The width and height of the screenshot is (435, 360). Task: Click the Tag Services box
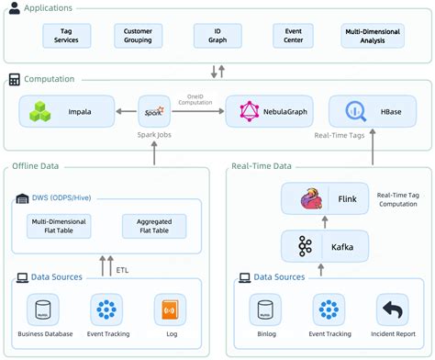66,36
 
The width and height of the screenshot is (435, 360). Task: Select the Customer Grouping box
138,36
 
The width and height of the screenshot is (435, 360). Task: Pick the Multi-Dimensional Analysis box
372,36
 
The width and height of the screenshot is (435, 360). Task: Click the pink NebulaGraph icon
248,112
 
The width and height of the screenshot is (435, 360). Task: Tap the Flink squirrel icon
308,199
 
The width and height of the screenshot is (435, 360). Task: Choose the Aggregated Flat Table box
153,225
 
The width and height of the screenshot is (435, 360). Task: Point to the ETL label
123,270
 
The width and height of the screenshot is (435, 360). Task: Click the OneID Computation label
200,99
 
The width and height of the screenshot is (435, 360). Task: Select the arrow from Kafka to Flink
321,222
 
